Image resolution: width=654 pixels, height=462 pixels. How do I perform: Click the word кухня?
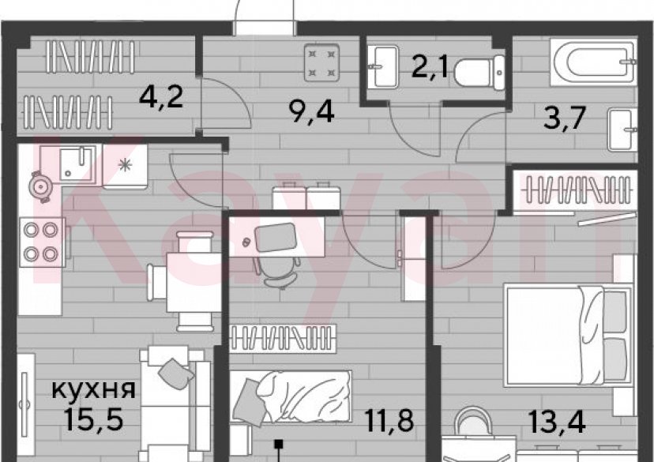tap(93, 389)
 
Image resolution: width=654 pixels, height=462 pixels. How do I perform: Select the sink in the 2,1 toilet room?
tap(388, 66)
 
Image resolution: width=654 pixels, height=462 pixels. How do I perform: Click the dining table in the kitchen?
tap(192, 280)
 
